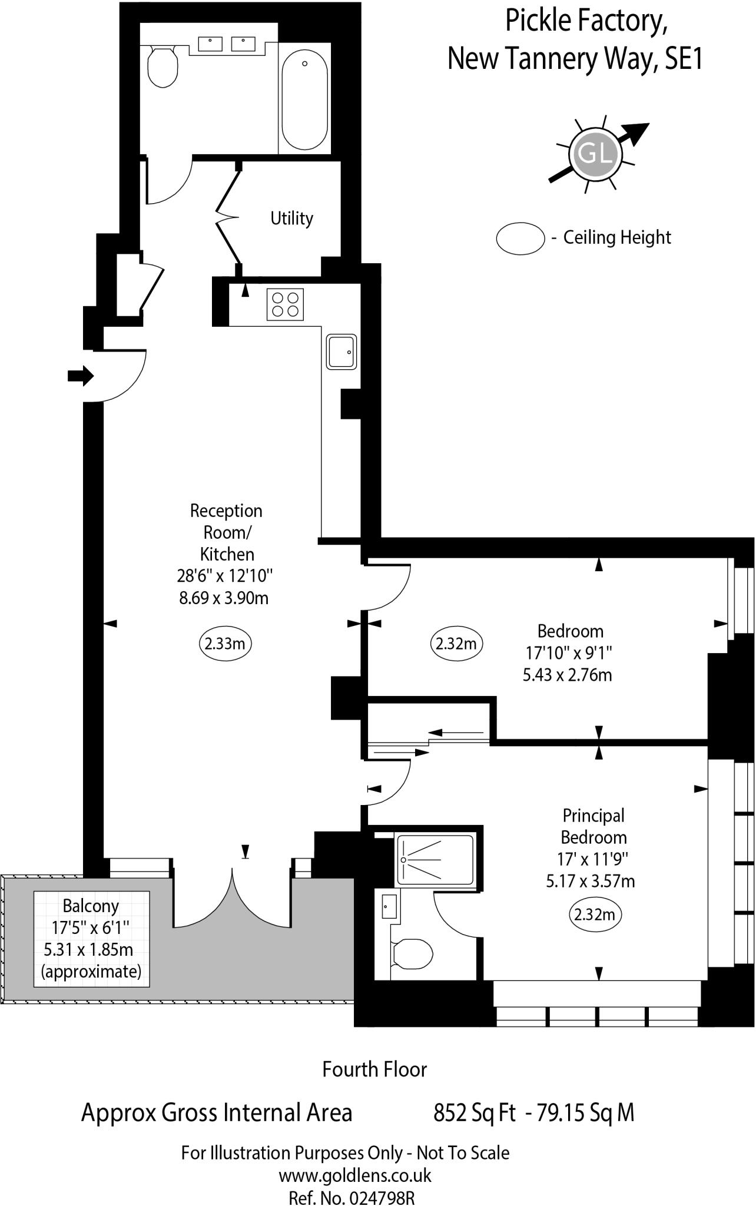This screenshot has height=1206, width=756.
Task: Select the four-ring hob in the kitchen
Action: (x=285, y=304)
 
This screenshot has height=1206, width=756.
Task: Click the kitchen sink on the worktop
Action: (x=341, y=352)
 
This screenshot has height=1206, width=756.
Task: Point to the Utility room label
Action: (x=291, y=218)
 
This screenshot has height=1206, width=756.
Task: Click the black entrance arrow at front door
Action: (x=81, y=375)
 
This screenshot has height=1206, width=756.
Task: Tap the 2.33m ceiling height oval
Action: (x=226, y=644)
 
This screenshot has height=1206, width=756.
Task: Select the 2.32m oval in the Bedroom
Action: (x=456, y=644)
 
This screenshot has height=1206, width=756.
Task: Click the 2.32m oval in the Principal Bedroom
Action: (x=595, y=915)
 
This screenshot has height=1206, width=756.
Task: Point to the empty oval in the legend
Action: (x=520, y=238)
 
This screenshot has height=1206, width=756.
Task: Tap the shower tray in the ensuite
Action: (x=435, y=860)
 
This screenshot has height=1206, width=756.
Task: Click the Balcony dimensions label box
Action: (x=91, y=939)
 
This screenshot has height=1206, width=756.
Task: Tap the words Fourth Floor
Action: (x=374, y=1069)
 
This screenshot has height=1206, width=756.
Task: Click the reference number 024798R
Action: (x=382, y=1198)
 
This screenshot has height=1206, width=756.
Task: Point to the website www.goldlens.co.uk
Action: (x=354, y=1175)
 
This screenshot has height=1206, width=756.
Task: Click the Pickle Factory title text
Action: (x=586, y=21)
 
